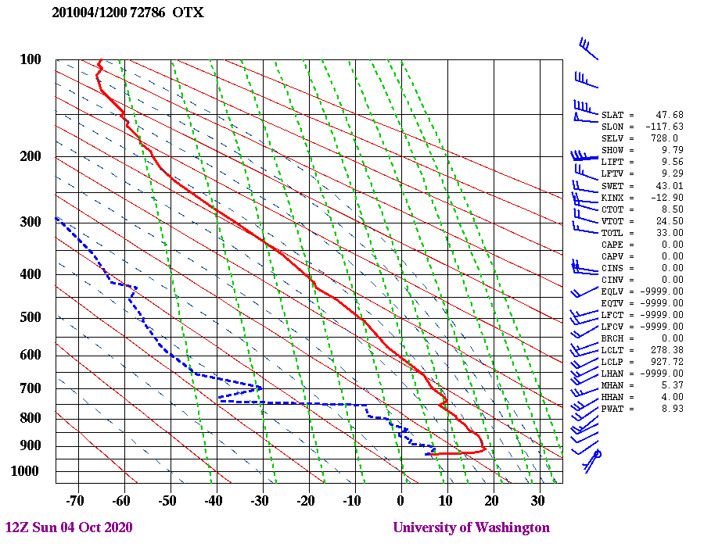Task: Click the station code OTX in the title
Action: tap(188, 13)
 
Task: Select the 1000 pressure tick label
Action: tap(27, 471)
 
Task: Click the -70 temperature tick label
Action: tap(75, 500)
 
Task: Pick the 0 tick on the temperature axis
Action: tap(400, 500)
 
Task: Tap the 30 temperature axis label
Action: tap(537, 500)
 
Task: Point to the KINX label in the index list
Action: tap(612, 197)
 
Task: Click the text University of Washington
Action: tap(471, 527)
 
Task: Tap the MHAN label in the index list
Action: tap(612, 385)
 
